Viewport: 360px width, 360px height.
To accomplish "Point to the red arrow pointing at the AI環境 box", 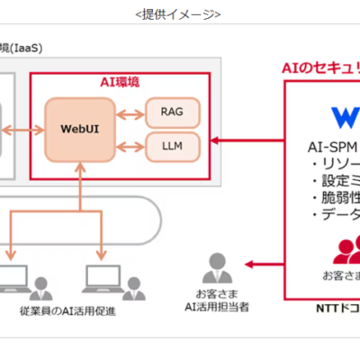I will point(252,139).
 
